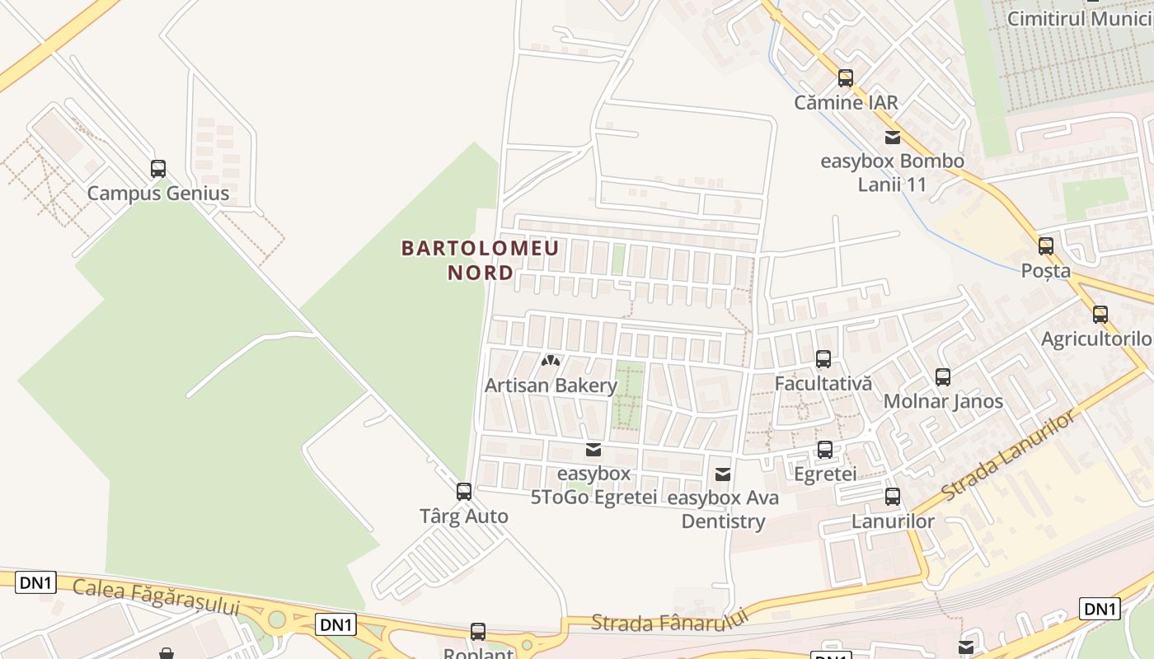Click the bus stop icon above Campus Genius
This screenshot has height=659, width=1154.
click(x=158, y=169)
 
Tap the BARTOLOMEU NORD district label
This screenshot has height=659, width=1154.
click(x=481, y=259)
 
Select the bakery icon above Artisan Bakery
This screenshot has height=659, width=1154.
click(x=551, y=361)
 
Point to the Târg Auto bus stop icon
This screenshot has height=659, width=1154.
click(x=464, y=492)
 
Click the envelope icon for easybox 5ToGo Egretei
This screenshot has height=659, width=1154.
click(x=593, y=450)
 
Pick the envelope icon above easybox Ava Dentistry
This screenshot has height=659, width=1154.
click(x=723, y=474)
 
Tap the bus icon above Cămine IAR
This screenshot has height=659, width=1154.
click(x=846, y=78)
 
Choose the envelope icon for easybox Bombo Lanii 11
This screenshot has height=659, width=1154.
click(x=893, y=138)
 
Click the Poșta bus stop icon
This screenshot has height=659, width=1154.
click(x=1046, y=245)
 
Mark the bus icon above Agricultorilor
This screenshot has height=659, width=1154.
click(x=1100, y=314)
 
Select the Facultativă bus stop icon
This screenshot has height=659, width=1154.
click(x=823, y=359)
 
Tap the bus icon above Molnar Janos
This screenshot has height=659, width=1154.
click(x=943, y=377)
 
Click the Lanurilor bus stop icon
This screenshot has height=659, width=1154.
click(x=893, y=497)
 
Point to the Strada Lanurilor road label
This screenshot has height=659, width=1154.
click(x=1009, y=456)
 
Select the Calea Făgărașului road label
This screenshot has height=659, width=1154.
click(x=156, y=597)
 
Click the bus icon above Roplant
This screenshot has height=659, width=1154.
click(x=478, y=632)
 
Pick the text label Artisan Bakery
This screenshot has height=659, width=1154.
click(x=551, y=386)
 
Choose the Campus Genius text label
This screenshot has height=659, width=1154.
click(x=158, y=194)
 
